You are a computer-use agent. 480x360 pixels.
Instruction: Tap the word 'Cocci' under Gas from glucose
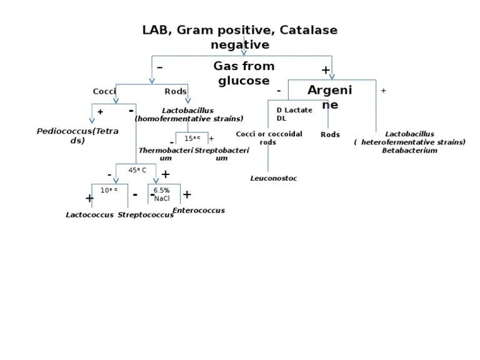tap(104, 91)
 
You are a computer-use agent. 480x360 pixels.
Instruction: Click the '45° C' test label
tap(137, 170)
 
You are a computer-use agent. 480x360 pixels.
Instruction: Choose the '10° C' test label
tap(109, 190)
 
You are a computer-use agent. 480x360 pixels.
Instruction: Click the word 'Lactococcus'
tap(89, 215)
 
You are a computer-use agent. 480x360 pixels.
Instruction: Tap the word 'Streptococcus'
tap(146, 215)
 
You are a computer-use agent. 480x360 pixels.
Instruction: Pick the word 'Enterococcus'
tap(198, 211)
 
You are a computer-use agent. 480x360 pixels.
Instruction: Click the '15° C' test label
tap(192, 138)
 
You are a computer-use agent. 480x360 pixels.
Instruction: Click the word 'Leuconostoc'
tap(273, 179)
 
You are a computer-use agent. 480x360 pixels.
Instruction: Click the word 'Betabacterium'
tap(409, 151)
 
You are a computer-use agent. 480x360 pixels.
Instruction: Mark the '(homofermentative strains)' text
tap(189, 119)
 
